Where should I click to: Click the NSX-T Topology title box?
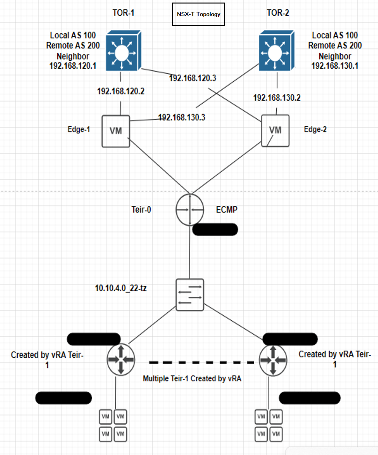[x=198, y=14]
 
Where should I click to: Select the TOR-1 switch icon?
[x=123, y=51]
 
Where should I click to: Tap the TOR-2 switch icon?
[x=276, y=51]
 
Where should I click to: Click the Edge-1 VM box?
[x=116, y=131]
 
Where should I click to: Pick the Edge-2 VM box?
[x=275, y=131]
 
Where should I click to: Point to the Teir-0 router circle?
[x=190, y=210]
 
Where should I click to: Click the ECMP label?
[x=227, y=210]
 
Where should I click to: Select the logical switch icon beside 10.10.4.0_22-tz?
[x=190, y=295]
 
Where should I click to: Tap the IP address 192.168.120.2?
[x=121, y=92]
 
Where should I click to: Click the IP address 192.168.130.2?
[x=277, y=98]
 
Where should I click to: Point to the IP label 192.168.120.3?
[x=193, y=78]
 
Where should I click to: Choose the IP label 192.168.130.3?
[x=182, y=117]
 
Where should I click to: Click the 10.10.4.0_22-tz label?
[x=121, y=288]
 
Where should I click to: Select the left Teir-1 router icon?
[x=121, y=360]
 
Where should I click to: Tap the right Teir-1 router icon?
[x=273, y=360]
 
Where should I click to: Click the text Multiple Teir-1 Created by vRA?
[x=192, y=379]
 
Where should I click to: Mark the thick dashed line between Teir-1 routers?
[x=201, y=362]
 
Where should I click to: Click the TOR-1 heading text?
[x=123, y=13]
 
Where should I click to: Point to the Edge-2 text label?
[x=315, y=130]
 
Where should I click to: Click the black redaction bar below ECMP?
[x=215, y=229]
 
